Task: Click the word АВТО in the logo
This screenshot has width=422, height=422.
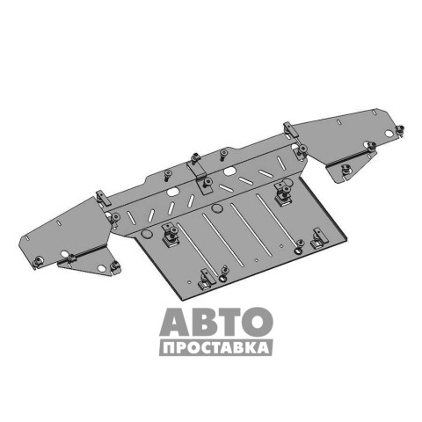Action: [216, 322]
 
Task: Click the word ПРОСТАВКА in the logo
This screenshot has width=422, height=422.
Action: [216, 348]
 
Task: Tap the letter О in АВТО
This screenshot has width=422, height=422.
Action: [258, 322]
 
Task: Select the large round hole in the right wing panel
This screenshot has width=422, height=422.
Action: [389, 134]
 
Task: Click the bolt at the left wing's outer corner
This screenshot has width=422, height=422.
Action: [38, 261]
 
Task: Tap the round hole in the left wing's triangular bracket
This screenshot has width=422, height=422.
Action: [101, 268]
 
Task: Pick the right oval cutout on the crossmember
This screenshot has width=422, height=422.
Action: [230, 171]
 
